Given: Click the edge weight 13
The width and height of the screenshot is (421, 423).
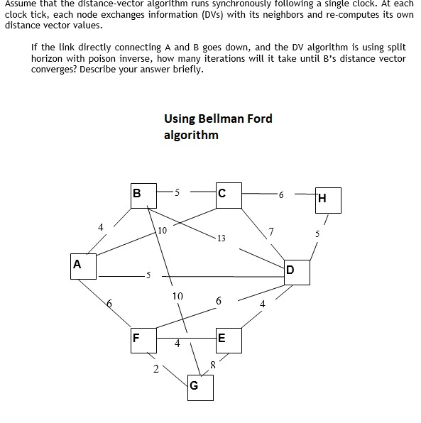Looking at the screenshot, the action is tap(222, 238).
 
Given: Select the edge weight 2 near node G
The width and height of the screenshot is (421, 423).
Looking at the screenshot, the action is tap(155, 368).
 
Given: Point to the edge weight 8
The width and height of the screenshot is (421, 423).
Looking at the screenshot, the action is tap(212, 365).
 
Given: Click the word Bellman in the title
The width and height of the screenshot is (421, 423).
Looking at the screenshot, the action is tap(221, 119).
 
